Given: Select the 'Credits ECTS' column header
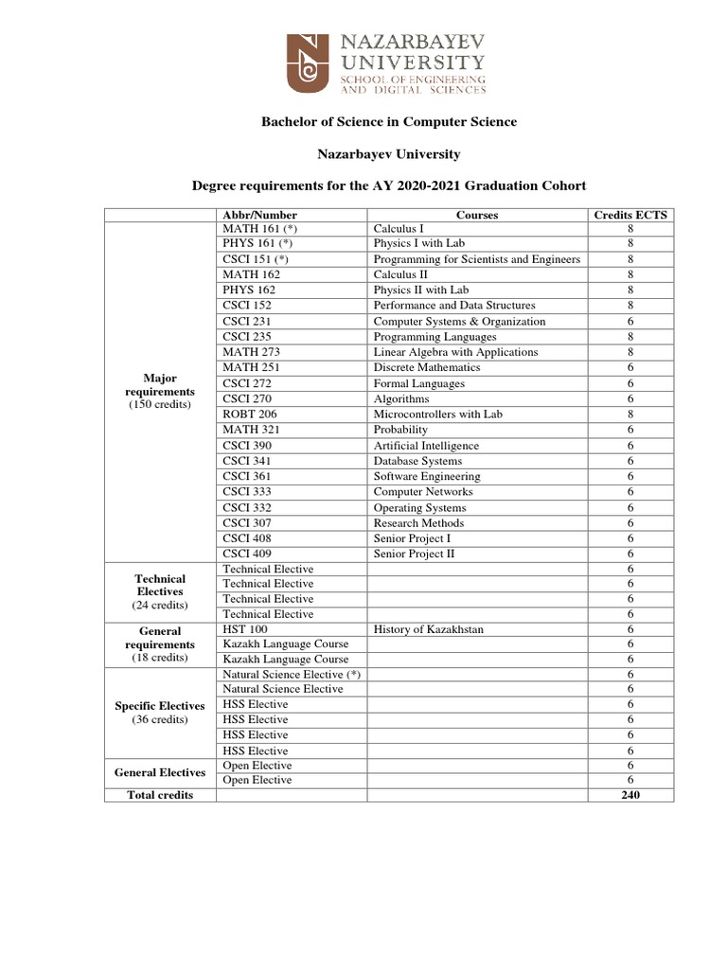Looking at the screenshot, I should coord(629,215).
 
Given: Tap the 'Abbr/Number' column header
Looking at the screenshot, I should coord(257,215).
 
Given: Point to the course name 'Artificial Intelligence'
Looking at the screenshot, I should coord(426,446).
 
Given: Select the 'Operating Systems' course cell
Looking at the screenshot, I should coord(419,508).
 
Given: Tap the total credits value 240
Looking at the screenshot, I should coord(629,795).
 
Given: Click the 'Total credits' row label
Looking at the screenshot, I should coord(160,795).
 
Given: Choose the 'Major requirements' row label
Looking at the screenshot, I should coord(160,391).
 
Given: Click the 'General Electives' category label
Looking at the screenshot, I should coord(160,772).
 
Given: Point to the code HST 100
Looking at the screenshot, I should coord(245,629).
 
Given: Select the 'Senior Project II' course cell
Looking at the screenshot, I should coord(414,554).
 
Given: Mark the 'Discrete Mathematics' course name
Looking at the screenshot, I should coord(427,367).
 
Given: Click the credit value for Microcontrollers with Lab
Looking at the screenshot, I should coord(629,414).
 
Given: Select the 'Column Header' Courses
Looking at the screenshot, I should coord(477,215).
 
